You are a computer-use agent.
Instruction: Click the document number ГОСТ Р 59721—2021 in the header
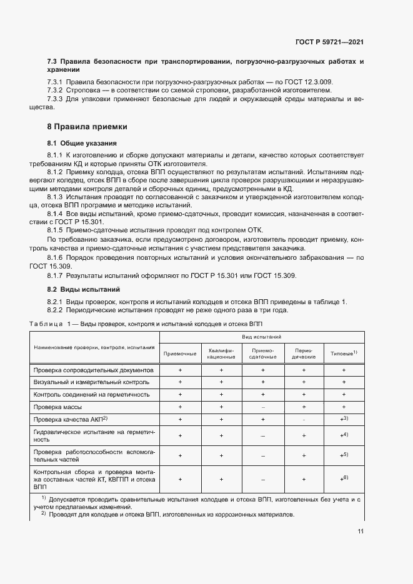[x=329, y=42]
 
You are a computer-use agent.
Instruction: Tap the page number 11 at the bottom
[x=361, y=531]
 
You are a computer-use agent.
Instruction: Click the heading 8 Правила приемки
[x=83, y=127]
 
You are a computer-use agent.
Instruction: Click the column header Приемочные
[x=180, y=354]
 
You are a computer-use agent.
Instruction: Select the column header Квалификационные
[x=221, y=354]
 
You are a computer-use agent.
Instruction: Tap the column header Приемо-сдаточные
[x=262, y=354]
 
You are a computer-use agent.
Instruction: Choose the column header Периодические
[x=304, y=354]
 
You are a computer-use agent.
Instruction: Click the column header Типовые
[x=343, y=354]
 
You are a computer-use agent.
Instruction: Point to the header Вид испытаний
[x=262, y=337]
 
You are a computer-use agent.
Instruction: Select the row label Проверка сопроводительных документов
[x=89, y=370]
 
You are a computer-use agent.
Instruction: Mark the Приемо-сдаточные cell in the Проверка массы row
[x=262, y=407]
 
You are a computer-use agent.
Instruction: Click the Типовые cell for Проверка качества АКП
[x=343, y=419]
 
